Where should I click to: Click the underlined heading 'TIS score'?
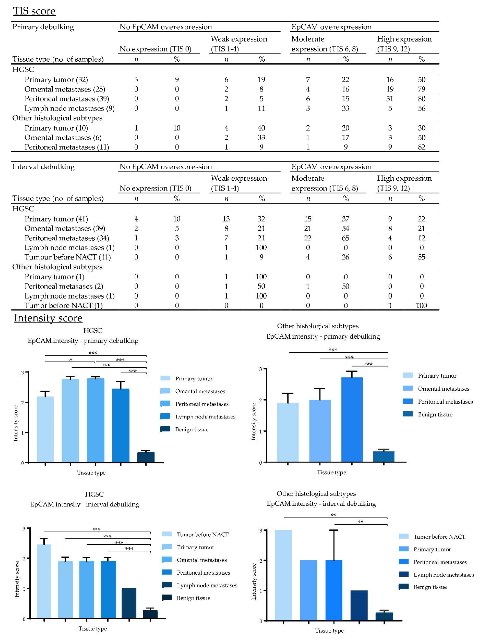[x=34, y=11]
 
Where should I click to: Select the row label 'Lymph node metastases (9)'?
[x=69, y=108]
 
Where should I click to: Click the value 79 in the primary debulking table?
[x=421, y=89]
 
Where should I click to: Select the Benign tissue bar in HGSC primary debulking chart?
[x=146, y=457]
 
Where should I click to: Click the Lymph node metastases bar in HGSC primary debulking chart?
[x=121, y=425]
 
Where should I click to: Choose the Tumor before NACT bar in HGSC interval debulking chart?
[x=44, y=581]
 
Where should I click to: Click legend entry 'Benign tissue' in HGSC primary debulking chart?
[x=192, y=429]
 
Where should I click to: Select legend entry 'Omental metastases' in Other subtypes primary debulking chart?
[x=443, y=389]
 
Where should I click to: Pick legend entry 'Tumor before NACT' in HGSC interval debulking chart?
[x=202, y=534]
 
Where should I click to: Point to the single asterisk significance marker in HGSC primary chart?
[x=70, y=360]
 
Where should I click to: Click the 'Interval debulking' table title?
[x=43, y=167]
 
